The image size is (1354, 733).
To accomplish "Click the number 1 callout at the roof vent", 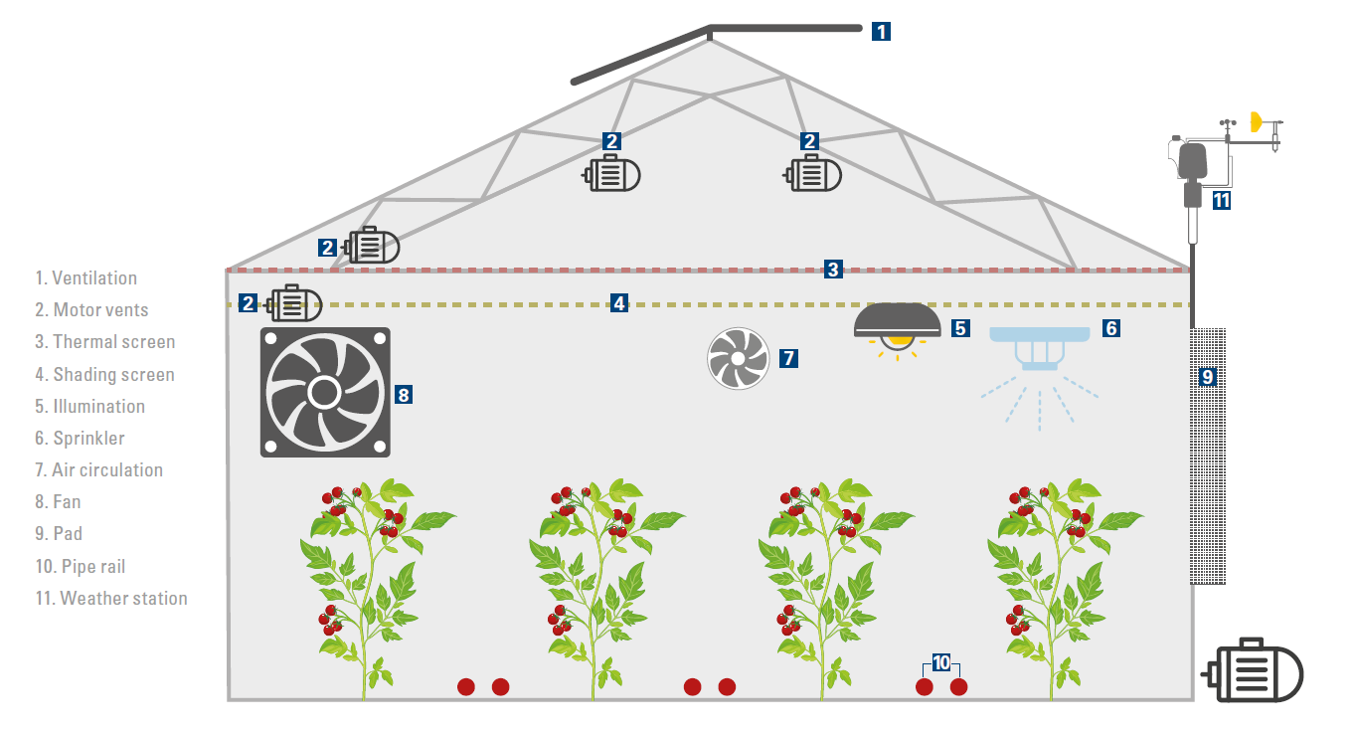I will [881, 31].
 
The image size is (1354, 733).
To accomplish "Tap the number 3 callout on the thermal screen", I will [833, 269].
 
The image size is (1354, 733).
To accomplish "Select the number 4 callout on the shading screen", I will [619, 303].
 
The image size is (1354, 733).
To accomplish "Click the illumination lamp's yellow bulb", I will [900, 340].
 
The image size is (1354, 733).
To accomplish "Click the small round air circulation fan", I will [738, 358].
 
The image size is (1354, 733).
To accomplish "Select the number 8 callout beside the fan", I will [403, 394].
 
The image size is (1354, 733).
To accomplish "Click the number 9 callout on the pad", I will [1207, 377].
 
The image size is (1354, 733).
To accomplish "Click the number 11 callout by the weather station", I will [1222, 200].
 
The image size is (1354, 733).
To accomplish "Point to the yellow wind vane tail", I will [1256, 122].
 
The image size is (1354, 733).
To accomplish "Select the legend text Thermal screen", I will [105, 341].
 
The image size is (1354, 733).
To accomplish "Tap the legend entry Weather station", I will [111, 598].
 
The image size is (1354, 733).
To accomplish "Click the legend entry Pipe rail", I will [81, 566].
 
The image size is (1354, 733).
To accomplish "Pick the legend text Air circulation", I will [98, 469].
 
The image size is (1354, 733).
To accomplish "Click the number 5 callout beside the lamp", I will [959, 326].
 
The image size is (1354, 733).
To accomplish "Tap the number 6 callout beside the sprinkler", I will [1110, 327].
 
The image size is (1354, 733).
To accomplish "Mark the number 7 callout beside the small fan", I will [788, 358].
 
